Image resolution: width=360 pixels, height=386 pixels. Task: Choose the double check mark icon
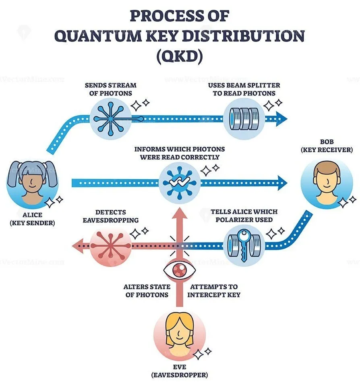pyautogui.click(x=178, y=182)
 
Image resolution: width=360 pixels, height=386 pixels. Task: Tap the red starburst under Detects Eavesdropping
pyautogui.click(x=110, y=245)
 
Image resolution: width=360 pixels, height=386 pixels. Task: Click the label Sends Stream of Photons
pyautogui.click(x=110, y=89)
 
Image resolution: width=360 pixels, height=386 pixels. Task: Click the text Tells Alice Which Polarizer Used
pyautogui.click(x=244, y=216)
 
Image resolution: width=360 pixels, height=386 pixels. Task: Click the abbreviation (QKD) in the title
pyautogui.click(x=179, y=56)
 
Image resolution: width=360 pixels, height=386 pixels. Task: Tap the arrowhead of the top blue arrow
pyautogui.click(x=281, y=118)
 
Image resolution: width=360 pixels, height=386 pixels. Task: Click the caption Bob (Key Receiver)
pyautogui.click(x=327, y=146)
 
